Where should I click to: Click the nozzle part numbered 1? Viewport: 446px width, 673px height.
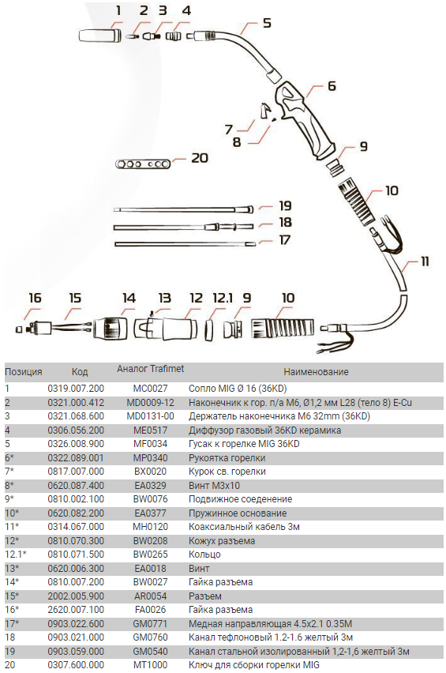click(x=100, y=35)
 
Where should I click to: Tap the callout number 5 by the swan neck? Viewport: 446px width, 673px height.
click(x=267, y=22)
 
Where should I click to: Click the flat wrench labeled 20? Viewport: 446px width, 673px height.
click(x=143, y=164)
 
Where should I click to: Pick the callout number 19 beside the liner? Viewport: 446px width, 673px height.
click(x=285, y=206)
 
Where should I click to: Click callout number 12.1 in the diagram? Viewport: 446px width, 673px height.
click(x=223, y=298)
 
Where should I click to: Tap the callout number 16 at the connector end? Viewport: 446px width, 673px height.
click(x=35, y=298)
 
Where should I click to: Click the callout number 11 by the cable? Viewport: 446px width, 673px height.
click(x=424, y=261)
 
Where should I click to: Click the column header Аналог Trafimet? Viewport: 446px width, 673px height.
click(x=151, y=369)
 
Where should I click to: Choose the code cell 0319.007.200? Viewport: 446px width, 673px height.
click(x=76, y=389)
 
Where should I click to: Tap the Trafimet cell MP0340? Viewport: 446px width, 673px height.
click(x=151, y=458)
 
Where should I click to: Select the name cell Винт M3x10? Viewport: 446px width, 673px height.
click(x=215, y=486)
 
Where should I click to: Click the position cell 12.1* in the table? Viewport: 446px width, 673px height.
click(x=16, y=554)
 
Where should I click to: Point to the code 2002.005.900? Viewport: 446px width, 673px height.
click(x=76, y=596)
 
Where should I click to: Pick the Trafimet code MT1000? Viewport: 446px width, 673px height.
click(x=151, y=665)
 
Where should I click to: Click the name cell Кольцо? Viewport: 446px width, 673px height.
click(x=204, y=555)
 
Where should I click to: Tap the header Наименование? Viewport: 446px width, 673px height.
click(x=316, y=372)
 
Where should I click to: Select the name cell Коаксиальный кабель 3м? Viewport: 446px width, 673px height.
click(x=244, y=527)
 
